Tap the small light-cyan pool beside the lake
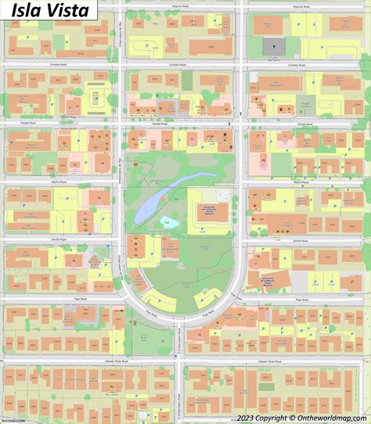coord(166,223)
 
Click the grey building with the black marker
coord(274,45)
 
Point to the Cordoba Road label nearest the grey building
coord(296,65)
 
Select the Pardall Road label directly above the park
coord(161,124)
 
